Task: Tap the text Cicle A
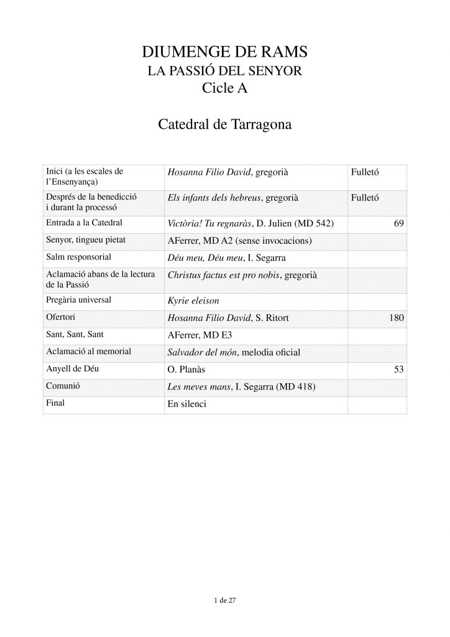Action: tap(224, 88)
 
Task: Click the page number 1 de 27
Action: tap(224, 600)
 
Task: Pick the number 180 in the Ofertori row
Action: tap(396, 318)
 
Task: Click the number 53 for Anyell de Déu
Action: tap(399, 370)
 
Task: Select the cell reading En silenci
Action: tap(186, 404)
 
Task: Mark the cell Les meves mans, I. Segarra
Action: tap(242, 387)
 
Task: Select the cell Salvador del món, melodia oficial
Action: tap(234, 353)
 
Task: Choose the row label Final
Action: tap(55, 403)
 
